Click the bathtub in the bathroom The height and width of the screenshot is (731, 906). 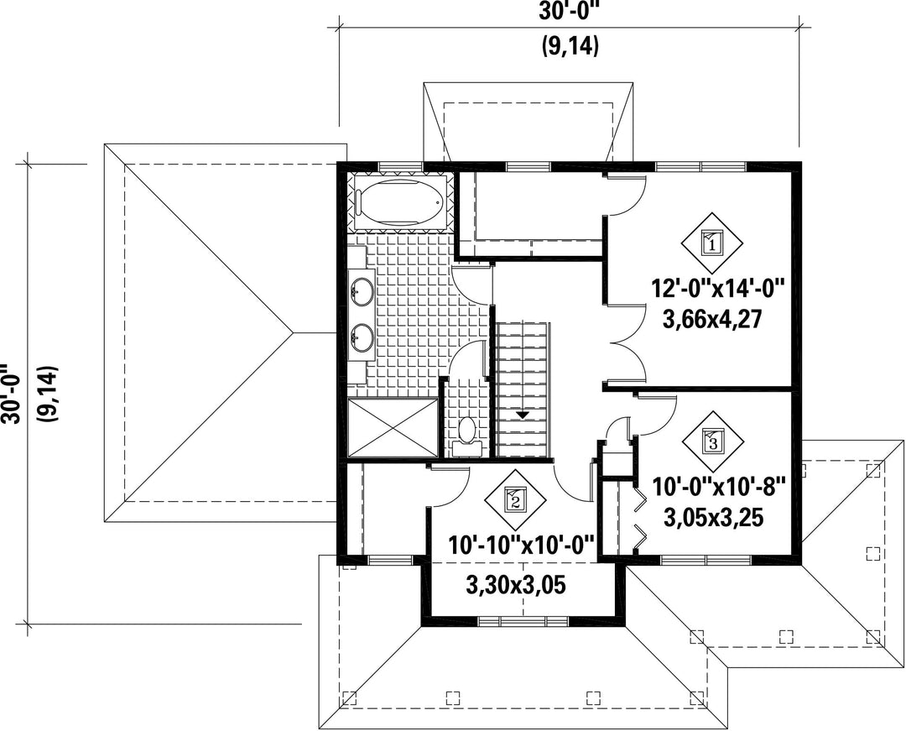pyautogui.click(x=400, y=201)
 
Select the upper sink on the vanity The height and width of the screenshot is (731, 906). pyautogui.click(x=362, y=289)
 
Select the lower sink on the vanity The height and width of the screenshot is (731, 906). pyautogui.click(x=362, y=337)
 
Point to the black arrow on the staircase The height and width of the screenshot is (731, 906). pyautogui.click(x=523, y=415)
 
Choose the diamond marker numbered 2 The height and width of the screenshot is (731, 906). pyautogui.click(x=515, y=498)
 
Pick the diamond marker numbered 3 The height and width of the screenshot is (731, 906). pyautogui.click(x=712, y=442)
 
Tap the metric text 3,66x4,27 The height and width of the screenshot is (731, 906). pyautogui.click(x=713, y=318)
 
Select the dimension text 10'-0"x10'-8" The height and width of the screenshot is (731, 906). pyautogui.click(x=720, y=486)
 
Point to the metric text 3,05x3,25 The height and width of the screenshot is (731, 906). pyautogui.click(x=714, y=518)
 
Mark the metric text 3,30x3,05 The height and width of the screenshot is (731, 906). pyautogui.click(x=516, y=585)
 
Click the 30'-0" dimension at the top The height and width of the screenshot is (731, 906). pyautogui.click(x=569, y=12)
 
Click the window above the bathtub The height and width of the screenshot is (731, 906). pyautogui.click(x=401, y=167)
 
